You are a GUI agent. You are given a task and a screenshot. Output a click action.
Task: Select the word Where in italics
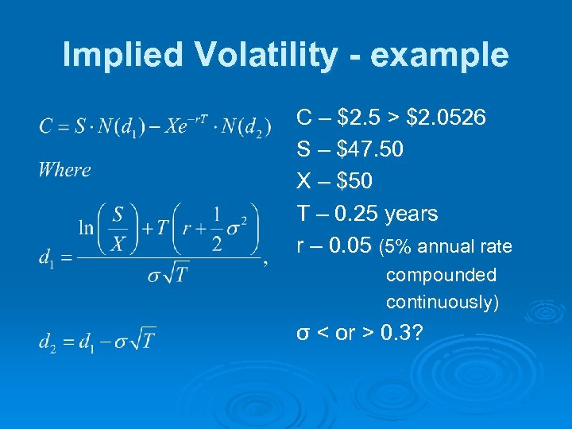[64, 169]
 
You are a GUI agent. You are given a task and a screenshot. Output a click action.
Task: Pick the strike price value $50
[354, 182]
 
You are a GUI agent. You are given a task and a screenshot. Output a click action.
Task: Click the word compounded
[441, 276]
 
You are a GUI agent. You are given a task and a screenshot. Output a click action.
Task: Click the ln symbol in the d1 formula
[87, 227]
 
